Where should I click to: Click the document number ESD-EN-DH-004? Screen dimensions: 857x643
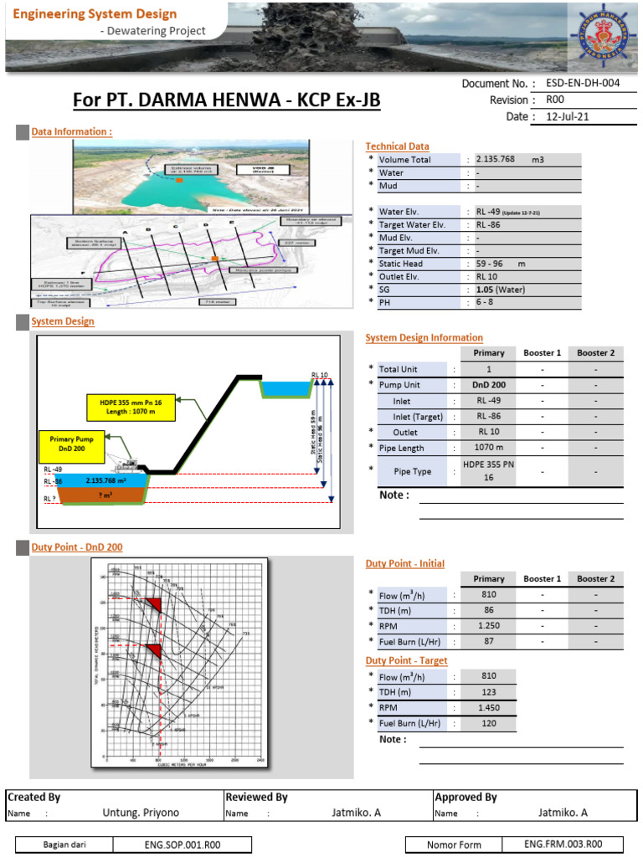pos(583,84)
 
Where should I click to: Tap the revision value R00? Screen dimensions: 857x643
pos(556,100)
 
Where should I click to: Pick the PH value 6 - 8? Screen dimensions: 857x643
pos(484,303)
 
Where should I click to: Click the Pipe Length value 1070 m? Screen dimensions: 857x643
pos(488,449)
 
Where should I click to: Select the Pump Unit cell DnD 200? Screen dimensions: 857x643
pos(488,385)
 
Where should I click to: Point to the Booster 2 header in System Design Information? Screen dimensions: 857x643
pos(595,353)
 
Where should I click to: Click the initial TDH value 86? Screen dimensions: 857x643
pos(488,611)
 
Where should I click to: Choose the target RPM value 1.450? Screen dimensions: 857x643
pos(488,707)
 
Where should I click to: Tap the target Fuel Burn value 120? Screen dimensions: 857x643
pos(488,723)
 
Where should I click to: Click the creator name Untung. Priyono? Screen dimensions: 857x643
pos(141,812)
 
